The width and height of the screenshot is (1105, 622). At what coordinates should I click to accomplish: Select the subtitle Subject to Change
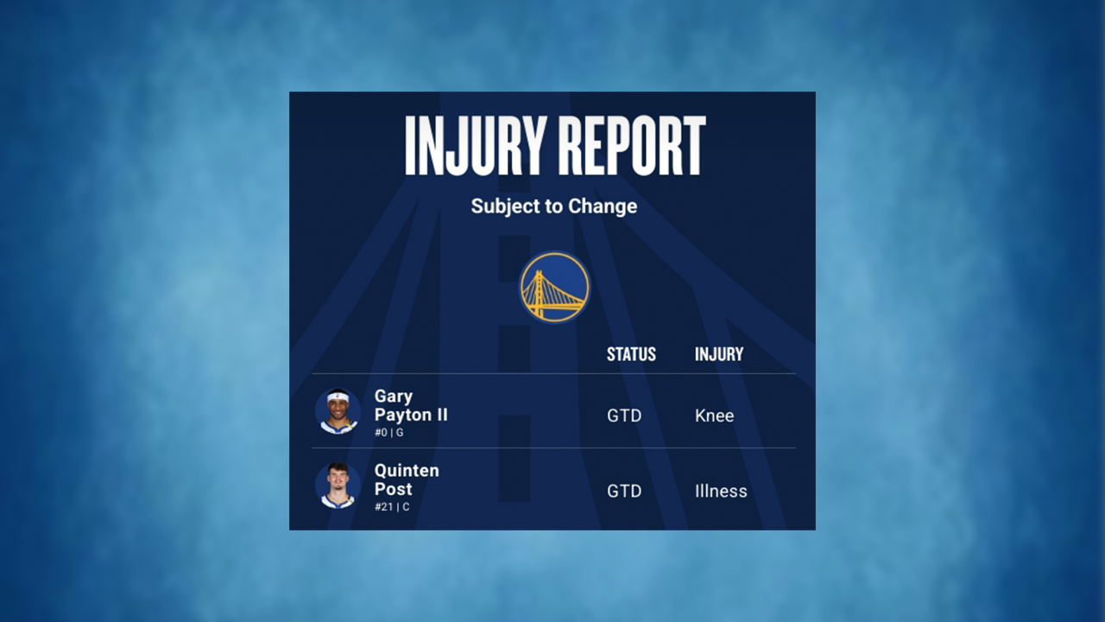[x=554, y=206]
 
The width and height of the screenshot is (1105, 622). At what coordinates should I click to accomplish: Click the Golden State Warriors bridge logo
[x=554, y=287]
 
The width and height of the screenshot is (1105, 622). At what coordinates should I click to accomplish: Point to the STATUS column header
[x=631, y=354]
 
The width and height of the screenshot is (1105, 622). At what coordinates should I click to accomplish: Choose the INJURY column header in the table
[x=719, y=354]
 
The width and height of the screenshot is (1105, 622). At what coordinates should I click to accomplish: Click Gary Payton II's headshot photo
[x=338, y=411]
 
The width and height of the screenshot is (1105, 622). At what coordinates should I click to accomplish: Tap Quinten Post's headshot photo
[x=338, y=486]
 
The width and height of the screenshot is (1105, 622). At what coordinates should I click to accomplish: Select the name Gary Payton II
[x=411, y=405]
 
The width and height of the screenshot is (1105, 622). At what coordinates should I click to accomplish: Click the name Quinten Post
[x=407, y=479]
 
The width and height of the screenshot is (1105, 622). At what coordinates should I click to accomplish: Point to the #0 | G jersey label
[x=388, y=432]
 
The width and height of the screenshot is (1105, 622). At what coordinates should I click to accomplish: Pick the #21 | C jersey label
[x=392, y=507]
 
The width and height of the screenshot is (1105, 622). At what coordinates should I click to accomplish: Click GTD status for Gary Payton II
[x=624, y=416]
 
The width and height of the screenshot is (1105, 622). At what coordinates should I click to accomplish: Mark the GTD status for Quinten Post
[x=624, y=491]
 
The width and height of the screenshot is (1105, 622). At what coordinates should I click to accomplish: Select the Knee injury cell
[x=714, y=416]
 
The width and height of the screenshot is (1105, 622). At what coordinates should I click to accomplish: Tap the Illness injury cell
[x=721, y=491]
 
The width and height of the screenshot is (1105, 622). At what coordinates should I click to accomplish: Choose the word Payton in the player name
[x=402, y=415]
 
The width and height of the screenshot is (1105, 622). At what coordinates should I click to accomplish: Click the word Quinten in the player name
[x=407, y=471]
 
